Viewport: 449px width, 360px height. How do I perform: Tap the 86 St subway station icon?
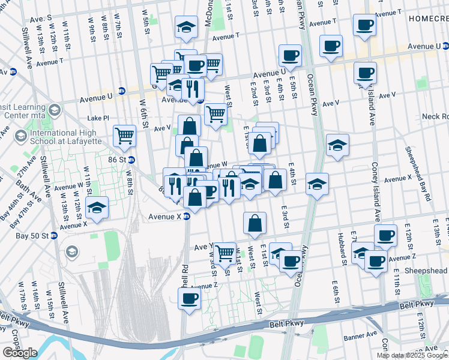pyautogui.click(x=131, y=160)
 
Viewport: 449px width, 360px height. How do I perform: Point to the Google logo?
pyautogui.click(x=20, y=353)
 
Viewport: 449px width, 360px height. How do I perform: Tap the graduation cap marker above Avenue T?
pyautogui.click(x=187, y=26)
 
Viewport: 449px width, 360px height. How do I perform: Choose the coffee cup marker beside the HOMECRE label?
pyautogui.click(x=364, y=25)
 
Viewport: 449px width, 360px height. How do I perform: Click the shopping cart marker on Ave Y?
pyautogui.click(x=224, y=253)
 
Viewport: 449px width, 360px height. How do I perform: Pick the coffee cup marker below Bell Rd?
pyautogui.click(x=190, y=297)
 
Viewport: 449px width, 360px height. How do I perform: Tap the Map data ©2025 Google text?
pyautogui.click(x=411, y=355)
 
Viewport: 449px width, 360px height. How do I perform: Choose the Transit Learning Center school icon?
pyautogui.click(x=55, y=109)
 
